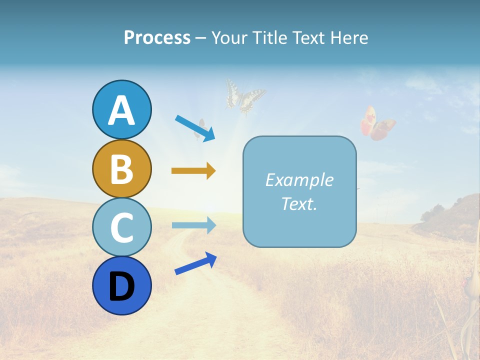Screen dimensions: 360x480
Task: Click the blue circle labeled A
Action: [121, 109]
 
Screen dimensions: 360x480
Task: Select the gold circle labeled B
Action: [121, 168]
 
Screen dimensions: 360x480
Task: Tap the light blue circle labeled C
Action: [121, 227]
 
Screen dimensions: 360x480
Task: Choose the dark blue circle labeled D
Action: [121, 285]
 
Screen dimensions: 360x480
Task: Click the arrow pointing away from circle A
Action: [195, 128]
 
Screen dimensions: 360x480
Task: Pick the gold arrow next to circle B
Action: [193, 171]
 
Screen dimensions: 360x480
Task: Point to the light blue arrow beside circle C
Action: [193, 225]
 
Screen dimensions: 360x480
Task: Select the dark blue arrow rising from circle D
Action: [195, 263]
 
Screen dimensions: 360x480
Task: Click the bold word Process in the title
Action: [157, 38]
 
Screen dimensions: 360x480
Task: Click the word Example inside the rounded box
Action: [299, 180]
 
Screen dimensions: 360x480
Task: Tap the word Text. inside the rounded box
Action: [299, 203]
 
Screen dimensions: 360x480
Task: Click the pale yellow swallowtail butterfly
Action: [244, 96]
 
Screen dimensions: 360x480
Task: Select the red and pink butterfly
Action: [376, 123]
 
